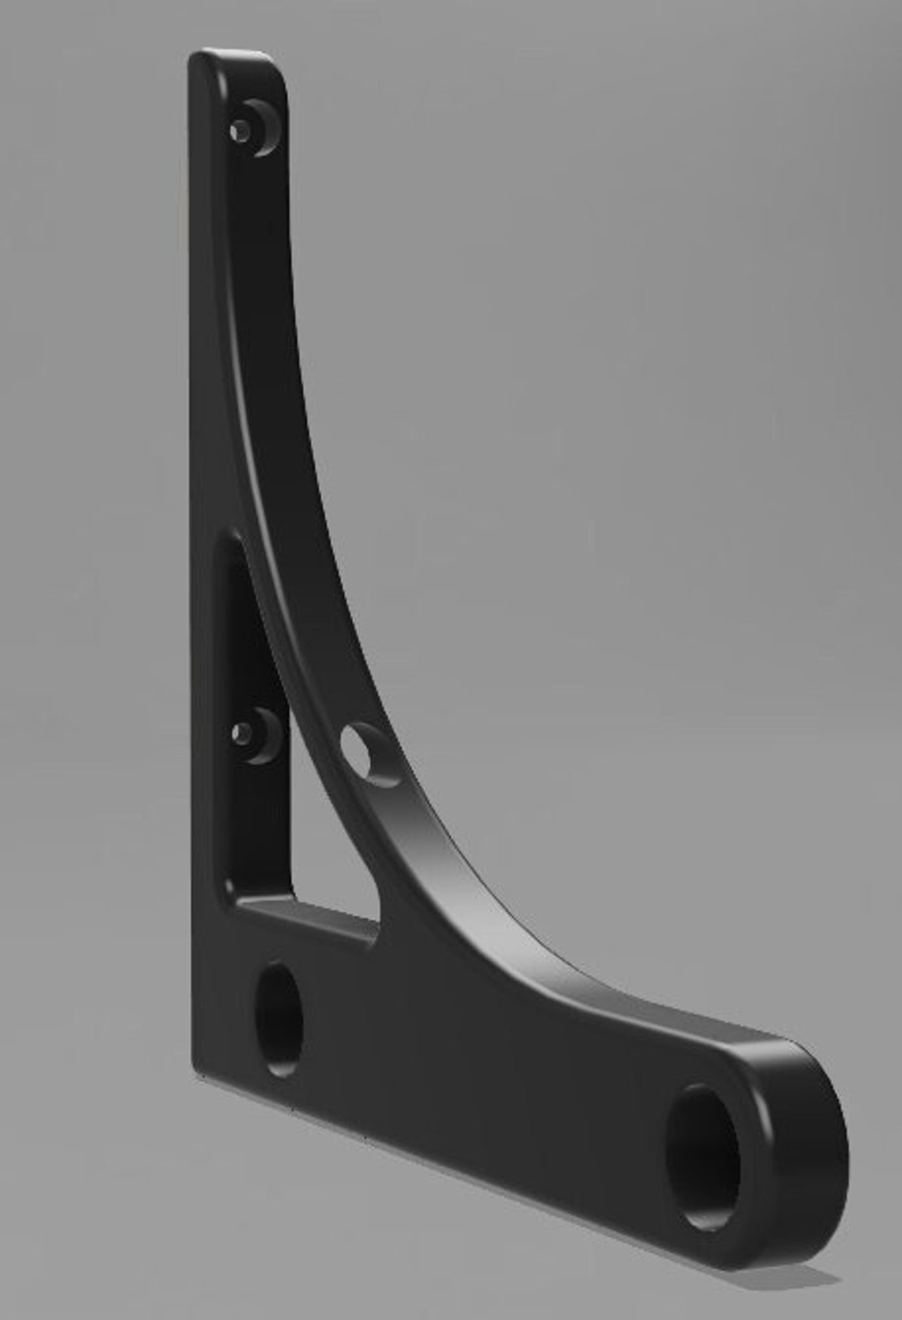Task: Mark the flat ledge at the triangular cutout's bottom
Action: pos(309,919)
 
